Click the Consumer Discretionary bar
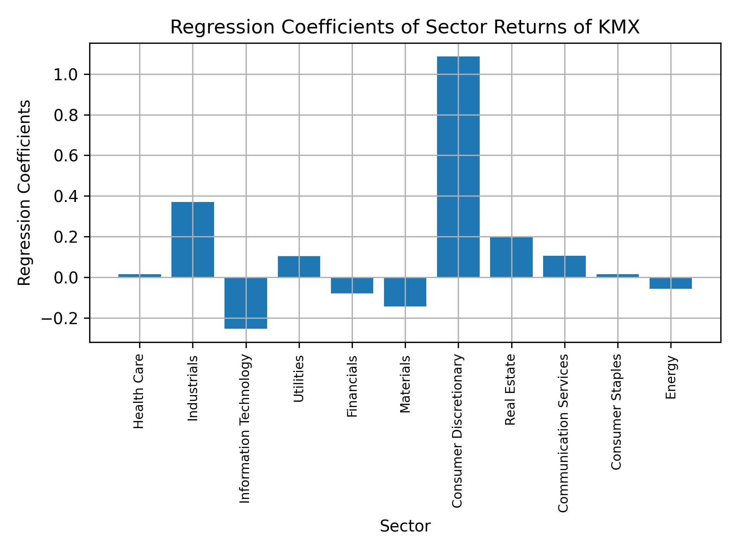point(458,167)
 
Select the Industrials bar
point(193,239)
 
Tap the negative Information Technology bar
point(246,303)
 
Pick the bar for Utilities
point(299,267)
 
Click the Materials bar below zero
point(405,292)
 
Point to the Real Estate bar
point(511,257)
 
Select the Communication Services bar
point(564,266)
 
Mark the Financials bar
point(352,285)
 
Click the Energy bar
point(671,283)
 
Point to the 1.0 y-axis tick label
point(66,75)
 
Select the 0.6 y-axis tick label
point(66,156)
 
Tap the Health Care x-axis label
point(139,391)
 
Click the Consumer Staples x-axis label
point(617,412)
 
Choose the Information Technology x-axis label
point(245,429)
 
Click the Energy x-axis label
point(671,377)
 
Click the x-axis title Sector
point(405,526)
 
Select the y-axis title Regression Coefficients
point(25,193)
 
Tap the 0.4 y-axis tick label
point(66,197)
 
